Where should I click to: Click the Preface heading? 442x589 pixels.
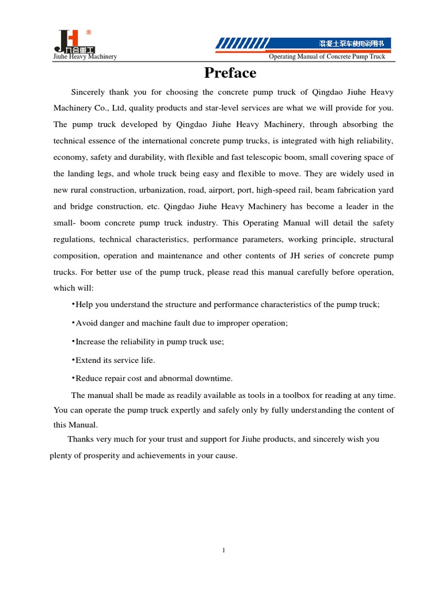230,73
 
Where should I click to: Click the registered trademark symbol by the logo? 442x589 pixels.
88,32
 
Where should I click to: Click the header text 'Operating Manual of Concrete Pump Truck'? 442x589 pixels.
327,56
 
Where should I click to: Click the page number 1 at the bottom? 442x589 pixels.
223,550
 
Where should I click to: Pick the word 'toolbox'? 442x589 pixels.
311,395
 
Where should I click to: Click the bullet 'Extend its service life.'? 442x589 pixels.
115,360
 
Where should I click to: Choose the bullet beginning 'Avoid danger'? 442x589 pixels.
181,323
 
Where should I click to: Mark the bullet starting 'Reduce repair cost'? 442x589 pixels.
153,378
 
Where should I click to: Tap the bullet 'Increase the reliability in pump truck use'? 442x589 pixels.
149,342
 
